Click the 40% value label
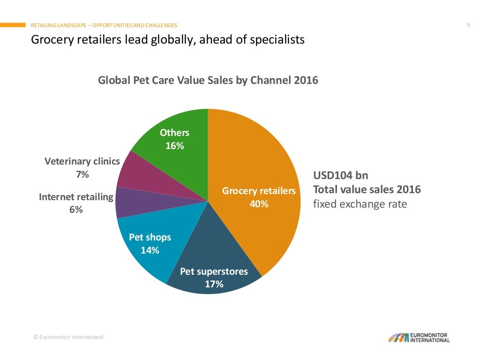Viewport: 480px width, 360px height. pyautogui.click(x=259, y=204)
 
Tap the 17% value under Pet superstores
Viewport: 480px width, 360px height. pyautogui.click(x=214, y=284)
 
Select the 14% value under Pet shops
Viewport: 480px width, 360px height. pyautogui.click(x=150, y=250)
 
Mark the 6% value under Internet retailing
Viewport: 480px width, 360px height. pyautogui.click(x=76, y=210)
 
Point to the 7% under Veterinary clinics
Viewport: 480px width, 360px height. pyautogui.click(x=82, y=174)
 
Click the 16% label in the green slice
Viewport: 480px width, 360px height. pyautogui.click(x=174, y=146)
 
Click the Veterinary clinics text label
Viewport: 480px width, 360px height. pyautogui.click(x=82, y=161)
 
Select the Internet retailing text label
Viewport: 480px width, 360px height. pyautogui.click(x=76, y=197)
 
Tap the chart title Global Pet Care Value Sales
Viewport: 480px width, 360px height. pyautogui.click(x=208, y=80)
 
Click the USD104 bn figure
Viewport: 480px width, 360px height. pyautogui.click(x=340, y=175)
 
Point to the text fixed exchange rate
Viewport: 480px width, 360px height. pyautogui.click(x=360, y=204)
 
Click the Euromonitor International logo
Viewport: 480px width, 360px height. pyautogui.click(x=419, y=337)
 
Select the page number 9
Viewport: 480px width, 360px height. pyautogui.click(x=468, y=25)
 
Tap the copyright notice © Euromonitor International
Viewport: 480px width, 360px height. pyautogui.click(x=68, y=337)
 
